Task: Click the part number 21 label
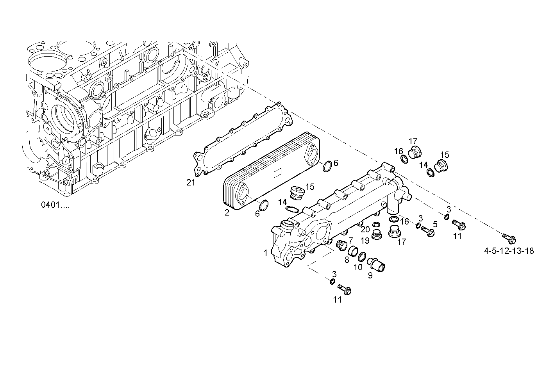191,182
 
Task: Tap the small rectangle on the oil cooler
279,172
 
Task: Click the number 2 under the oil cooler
227,213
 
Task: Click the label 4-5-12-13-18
509,251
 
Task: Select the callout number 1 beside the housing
266,253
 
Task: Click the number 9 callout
370,275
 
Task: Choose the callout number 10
358,267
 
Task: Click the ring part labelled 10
362,257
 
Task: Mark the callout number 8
347,260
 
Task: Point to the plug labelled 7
341,245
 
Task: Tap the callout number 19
365,241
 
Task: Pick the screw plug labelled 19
377,235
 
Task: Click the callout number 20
365,229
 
